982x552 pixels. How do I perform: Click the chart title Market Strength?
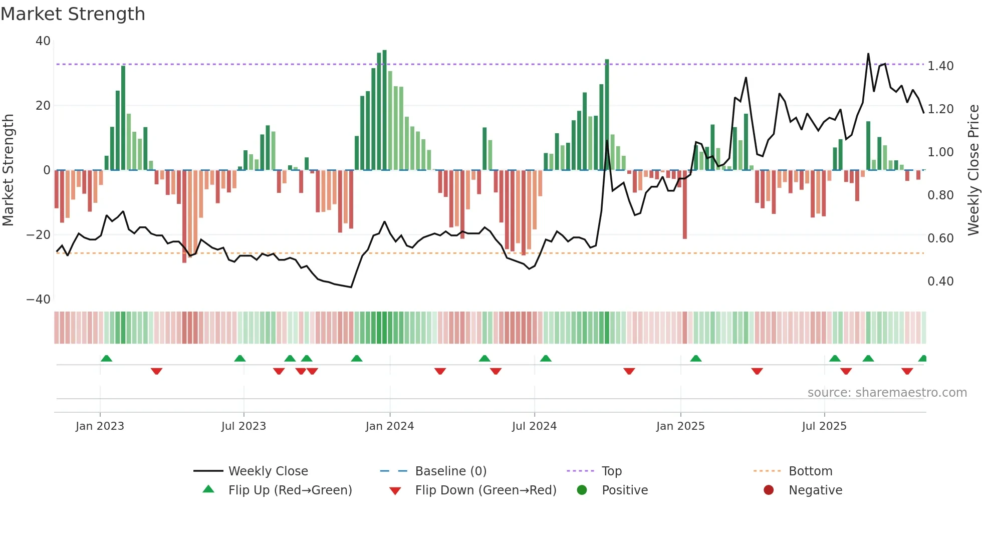click(x=73, y=14)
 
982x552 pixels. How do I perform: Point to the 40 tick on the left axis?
click(x=43, y=41)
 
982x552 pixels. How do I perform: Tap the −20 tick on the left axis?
click(x=39, y=234)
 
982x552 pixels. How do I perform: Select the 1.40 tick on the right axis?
click(x=940, y=66)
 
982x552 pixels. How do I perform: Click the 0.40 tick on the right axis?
click(x=940, y=282)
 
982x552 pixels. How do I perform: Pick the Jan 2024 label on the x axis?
click(x=390, y=426)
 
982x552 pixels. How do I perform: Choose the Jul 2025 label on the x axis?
click(x=824, y=426)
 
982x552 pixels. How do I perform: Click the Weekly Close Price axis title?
click(x=973, y=170)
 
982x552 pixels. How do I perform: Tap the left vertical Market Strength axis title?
click(x=8, y=170)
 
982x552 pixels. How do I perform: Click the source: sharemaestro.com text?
click(x=887, y=393)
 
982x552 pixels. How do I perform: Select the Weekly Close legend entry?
click(x=268, y=471)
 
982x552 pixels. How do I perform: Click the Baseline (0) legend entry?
click(x=450, y=471)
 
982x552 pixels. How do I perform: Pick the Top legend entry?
click(x=611, y=471)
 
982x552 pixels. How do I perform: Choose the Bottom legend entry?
click(x=810, y=471)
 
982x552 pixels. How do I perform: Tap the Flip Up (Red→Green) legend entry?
click(x=290, y=490)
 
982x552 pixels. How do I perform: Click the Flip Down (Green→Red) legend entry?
click(x=485, y=490)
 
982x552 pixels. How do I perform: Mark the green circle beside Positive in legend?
click(x=582, y=490)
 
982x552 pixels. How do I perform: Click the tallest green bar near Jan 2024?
click(x=384, y=110)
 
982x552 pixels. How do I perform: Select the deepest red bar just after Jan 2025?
click(x=685, y=205)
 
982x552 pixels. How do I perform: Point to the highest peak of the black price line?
click(x=868, y=54)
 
